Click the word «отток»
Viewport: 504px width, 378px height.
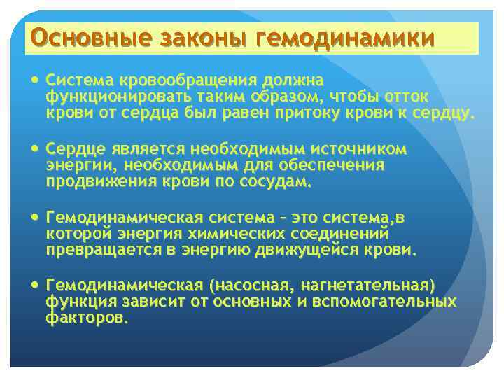pos(407,97)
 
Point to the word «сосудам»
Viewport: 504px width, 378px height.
pos(274,181)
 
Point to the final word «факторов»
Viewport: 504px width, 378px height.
pos(87,318)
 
